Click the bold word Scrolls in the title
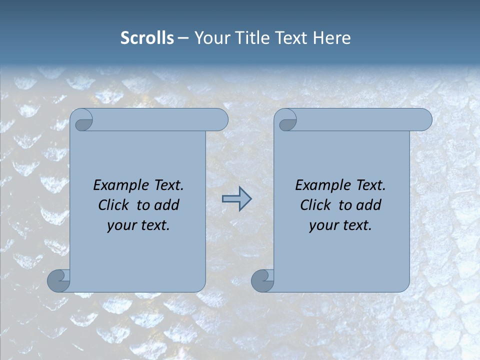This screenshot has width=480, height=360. click(147, 38)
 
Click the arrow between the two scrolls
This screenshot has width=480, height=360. click(236, 198)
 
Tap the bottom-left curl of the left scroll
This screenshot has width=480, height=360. click(58, 280)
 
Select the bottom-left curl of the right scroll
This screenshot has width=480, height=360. click(262, 280)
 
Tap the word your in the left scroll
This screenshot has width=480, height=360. click(121, 225)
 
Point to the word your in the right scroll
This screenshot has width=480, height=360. click(323, 225)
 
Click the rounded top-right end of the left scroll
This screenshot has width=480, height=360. click(220, 119)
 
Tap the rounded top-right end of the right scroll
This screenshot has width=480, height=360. click(424, 119)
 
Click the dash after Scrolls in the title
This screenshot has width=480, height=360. click(183, 38)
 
